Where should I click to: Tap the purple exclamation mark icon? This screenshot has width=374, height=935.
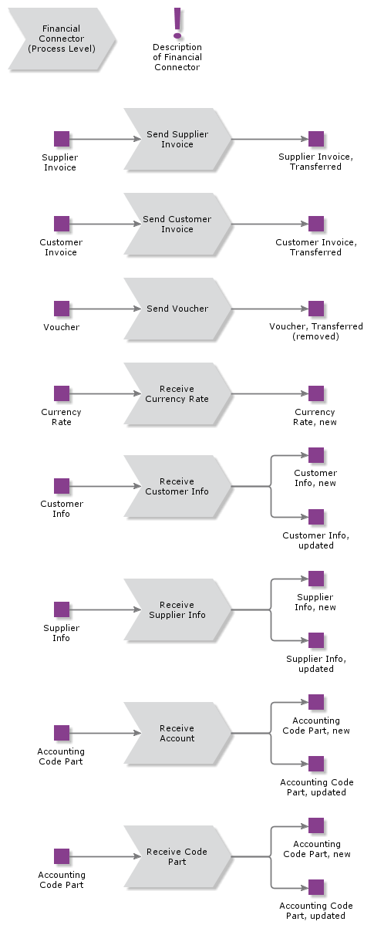click(177, 23)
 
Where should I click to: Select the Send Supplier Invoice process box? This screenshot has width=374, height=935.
click(177, 140)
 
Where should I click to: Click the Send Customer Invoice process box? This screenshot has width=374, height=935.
click(177, 224)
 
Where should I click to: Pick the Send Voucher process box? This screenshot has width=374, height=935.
click(177, 309)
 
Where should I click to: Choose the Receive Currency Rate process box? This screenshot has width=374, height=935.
click(177, 394)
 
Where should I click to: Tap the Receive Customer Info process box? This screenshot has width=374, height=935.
click(177, 487)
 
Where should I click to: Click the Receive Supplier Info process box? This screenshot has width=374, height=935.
click(177, 610)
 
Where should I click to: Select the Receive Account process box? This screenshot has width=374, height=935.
click(177, 734)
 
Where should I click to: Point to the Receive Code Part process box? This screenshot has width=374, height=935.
click(177, 857)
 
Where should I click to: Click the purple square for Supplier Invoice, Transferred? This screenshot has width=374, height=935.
click(316, 140)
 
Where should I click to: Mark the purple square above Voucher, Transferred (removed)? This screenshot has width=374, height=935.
click(316, 309)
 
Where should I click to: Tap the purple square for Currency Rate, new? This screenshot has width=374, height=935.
click(316, 393)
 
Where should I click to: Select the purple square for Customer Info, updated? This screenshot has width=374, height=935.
click(316, 517)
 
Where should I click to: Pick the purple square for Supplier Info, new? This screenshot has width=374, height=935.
click(316, 579)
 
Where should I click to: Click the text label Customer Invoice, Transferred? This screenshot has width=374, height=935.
click(316, 248)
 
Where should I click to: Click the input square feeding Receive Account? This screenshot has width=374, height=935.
click(62, 733)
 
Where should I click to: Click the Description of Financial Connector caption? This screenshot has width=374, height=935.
click(177, 58)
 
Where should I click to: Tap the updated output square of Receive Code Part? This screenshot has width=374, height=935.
click(316, 887)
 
